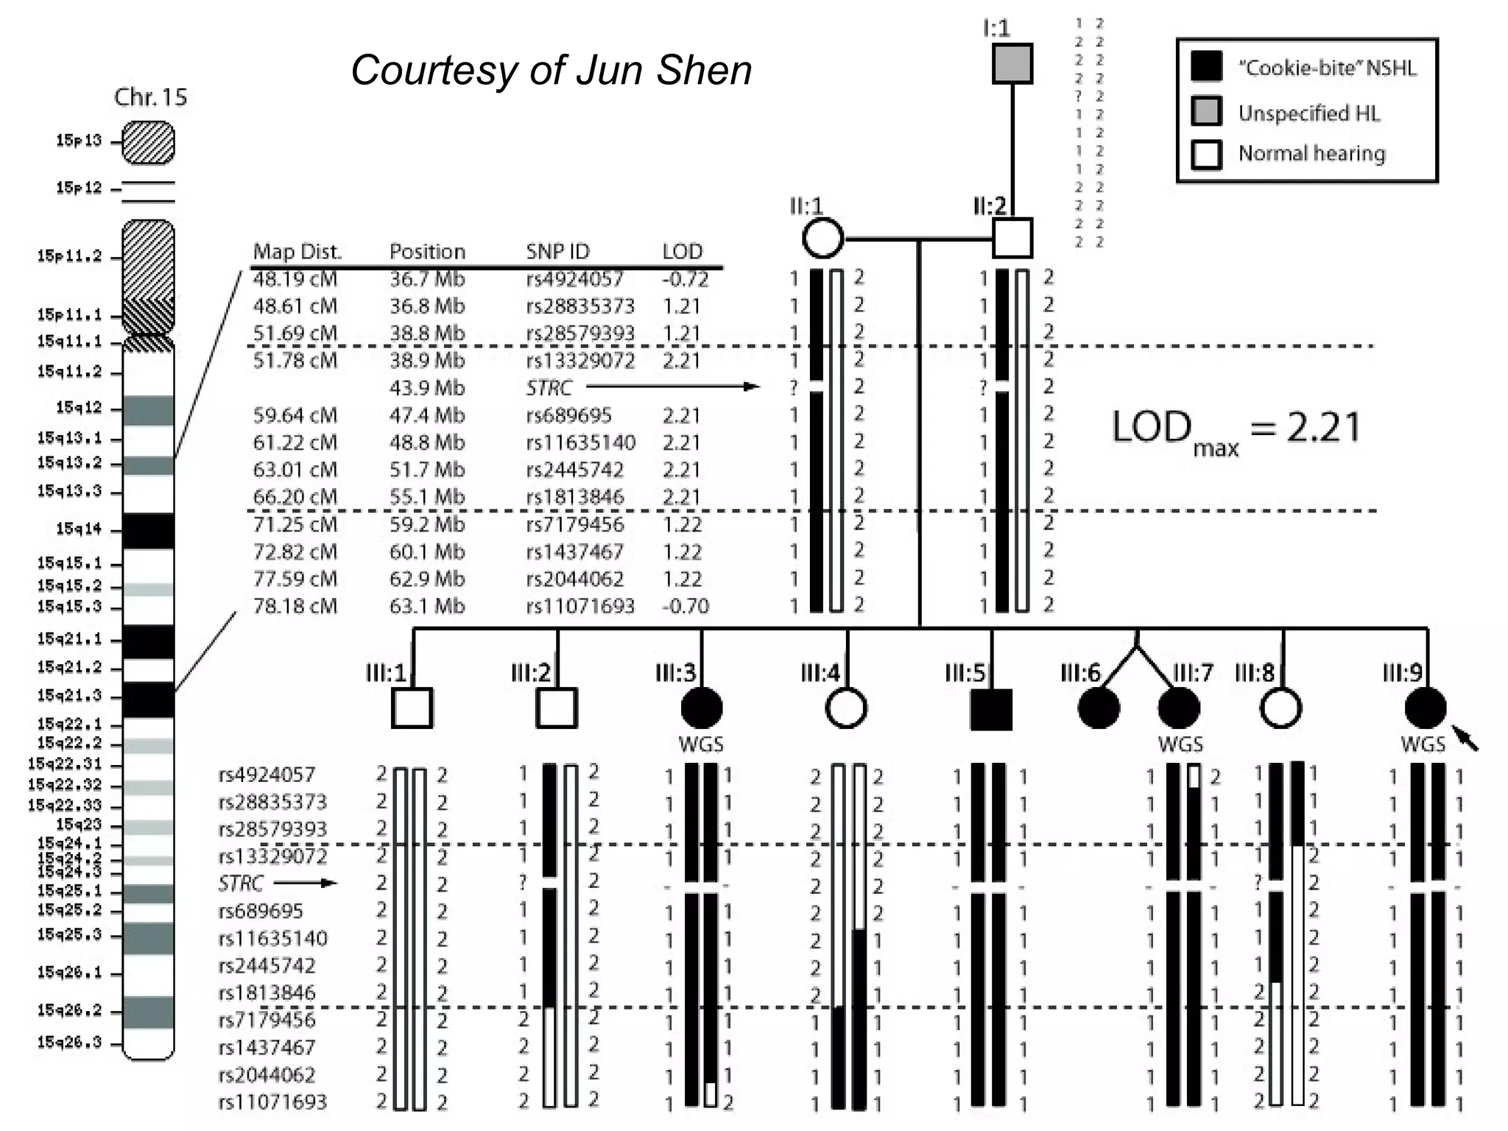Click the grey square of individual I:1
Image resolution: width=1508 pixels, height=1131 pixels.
click(1012, 63)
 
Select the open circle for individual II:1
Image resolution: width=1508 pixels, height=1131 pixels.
click(822, 238)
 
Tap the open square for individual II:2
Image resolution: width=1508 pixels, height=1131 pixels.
click(1012, 238)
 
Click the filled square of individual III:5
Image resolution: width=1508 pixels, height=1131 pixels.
click(990, 709)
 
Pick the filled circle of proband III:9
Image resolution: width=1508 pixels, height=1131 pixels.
click(1425, 708)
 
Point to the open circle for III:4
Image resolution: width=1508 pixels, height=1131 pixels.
click(845, 708)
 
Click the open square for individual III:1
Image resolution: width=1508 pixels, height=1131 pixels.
click(412, 708)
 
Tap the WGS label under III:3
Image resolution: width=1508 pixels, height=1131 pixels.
click(700, 744)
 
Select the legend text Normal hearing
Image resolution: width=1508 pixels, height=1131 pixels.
click(1311, 153)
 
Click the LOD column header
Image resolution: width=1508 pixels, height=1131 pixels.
click(682, 252)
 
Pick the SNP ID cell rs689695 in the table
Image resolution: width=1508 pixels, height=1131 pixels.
click(568, 415)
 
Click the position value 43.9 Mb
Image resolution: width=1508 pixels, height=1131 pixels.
click(426, 388)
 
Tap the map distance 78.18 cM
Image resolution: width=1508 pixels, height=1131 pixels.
click(295, 606)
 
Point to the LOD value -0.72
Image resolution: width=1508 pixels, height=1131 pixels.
click(684, 279)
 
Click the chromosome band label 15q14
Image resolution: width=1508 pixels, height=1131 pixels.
click(78, 529)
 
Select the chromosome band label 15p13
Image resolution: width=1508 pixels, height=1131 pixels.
click(78, 141)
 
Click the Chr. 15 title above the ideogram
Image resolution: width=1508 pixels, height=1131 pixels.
click(150, 97)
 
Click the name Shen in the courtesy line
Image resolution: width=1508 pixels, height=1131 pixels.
click(703, 71)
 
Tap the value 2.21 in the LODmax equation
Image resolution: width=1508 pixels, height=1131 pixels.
click(1323, 427)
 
